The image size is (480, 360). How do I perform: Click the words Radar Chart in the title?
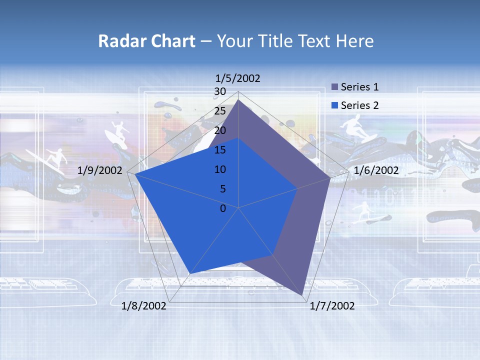point(146,41)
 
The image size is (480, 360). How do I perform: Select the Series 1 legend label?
point(359,87)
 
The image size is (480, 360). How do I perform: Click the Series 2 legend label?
point(359,105)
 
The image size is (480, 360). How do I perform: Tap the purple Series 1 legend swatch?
point(335,87)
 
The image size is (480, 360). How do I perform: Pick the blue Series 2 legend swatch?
point(335,105)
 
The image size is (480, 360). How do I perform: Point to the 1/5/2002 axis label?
point(238,78)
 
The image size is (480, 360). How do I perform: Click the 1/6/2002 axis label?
point(376,170)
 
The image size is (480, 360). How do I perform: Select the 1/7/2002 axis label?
point(332,305)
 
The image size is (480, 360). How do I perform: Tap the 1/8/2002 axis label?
point(144,305)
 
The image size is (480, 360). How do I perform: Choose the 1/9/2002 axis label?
point(100,170)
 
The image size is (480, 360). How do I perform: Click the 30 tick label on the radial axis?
point(219,91)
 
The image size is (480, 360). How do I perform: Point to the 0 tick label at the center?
point(223,208)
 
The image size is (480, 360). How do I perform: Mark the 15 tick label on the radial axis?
point(219,150)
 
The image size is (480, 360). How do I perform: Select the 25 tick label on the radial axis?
point(219,111)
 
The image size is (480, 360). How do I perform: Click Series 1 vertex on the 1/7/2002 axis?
point(302,295)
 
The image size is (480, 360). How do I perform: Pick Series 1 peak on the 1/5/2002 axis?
point(238,99)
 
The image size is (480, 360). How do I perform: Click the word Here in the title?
point(355,41)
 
